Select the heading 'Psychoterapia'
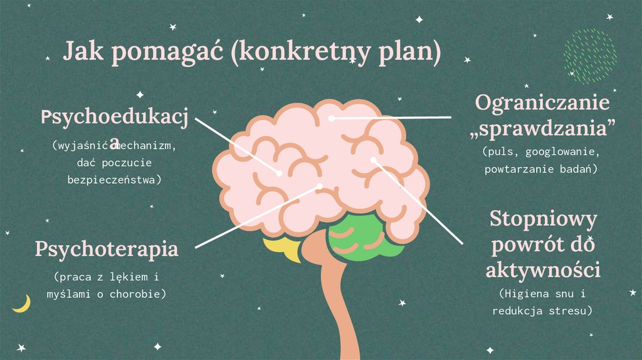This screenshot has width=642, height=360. tap(107, 248)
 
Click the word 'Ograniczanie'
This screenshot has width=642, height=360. tap(542, 102)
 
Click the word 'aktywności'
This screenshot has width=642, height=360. tap(543, 270)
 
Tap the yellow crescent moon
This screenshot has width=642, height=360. tap(22, 304)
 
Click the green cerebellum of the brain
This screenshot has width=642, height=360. tap(366, 238)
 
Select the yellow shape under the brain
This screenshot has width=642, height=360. tap(282, 248)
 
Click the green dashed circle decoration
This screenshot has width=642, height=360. tap(589, 56)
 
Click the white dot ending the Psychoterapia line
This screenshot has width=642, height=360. tap(320, 186)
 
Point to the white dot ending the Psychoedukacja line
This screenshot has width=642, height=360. tap(280, 172)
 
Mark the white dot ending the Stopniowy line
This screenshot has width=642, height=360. tap(373, 160)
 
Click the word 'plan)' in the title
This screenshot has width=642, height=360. tap(410, 53)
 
